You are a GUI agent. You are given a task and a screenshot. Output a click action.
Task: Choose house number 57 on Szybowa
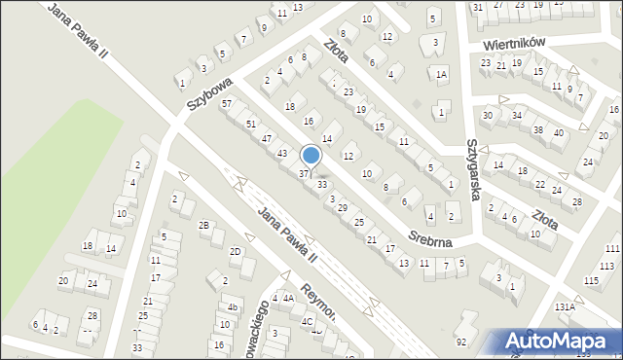pyautogui.click(x=227, y=103)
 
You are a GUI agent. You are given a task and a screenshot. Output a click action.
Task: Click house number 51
pyautogui.click(x=251, y=124)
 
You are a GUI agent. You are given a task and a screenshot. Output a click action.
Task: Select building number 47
pyautogui.click(x=267, y=138)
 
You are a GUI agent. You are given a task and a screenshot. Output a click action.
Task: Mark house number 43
pyautogui.click(x=282, y=153)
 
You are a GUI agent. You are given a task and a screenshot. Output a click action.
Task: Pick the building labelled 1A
pyautogui.click(x=441, y=75)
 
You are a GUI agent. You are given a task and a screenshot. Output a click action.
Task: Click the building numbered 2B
pyautogui.click(x=204, y=225)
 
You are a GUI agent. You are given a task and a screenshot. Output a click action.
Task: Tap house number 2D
pyautogui.click(x=235, y=251)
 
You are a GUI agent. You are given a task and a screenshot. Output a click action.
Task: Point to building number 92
pyautogui.click(x=461, y=341)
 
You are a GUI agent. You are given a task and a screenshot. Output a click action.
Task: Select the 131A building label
pyautogui.click(x=565, y=306)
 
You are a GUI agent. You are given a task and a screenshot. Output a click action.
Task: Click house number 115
pyautogui.click(x=592, y=280)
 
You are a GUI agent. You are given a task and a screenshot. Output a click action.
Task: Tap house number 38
pyautogui.click(x=537, y=129)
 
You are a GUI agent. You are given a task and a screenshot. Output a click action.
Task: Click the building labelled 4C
pyautogui.click(x=307, y=320)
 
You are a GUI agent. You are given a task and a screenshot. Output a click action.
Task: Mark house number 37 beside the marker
pyautogui.click(x=304, y=173)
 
